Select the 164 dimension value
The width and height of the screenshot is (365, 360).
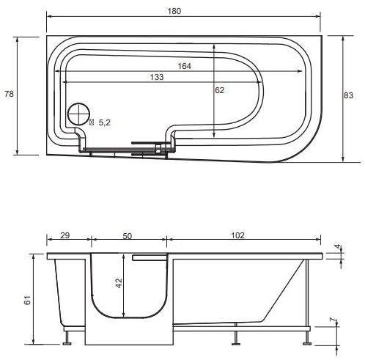[x=184, y=66]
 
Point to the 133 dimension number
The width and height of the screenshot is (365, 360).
[x=155, y=78]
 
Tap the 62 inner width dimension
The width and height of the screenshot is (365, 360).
[x=219, y=90]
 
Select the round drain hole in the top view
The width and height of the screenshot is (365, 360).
[x=78, y=115]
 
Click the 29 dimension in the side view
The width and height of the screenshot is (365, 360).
[x=64, y=235]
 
